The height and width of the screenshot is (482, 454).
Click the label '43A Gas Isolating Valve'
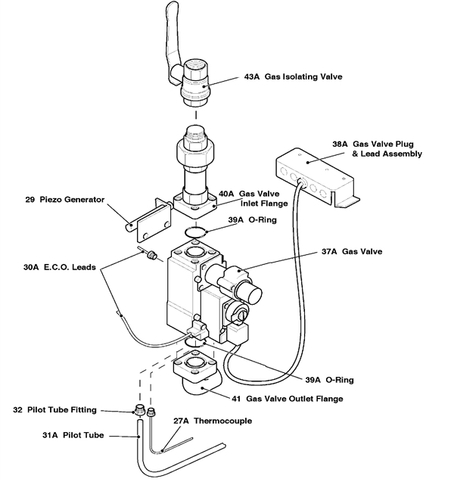(x=294, y=76)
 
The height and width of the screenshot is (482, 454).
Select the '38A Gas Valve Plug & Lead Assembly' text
(x=377, y=148)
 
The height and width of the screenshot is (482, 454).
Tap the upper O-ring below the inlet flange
(x=194, y=230)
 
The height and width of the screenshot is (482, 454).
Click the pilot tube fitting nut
(x=139, y=412)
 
